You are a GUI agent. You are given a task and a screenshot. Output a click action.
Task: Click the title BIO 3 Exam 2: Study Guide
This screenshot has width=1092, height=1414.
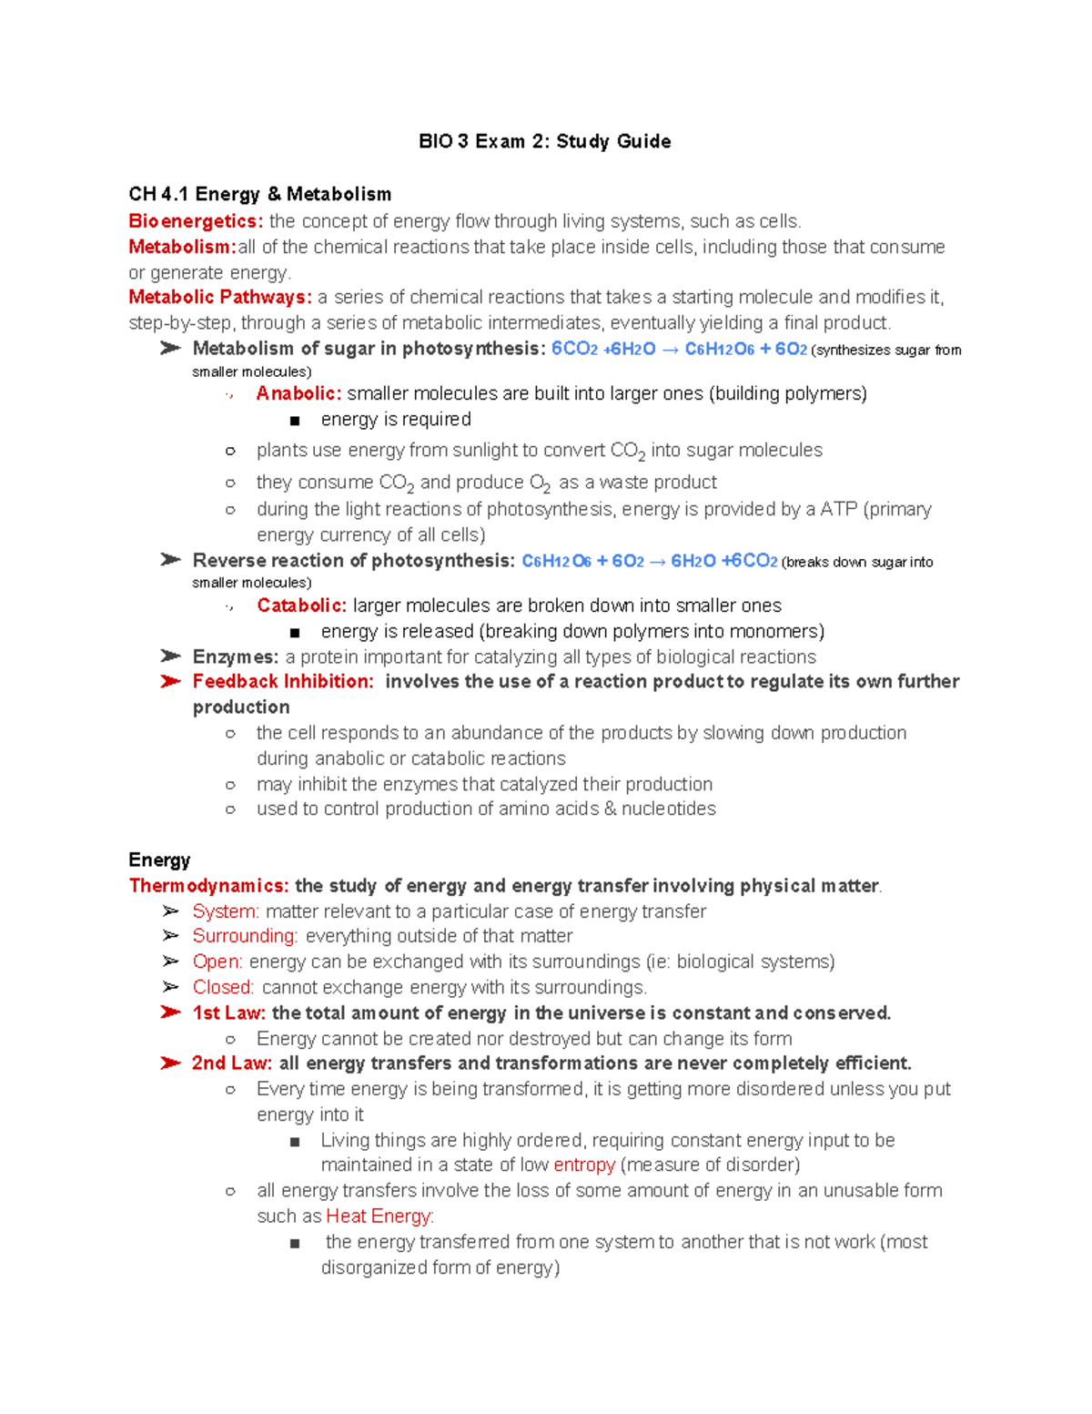tap(544, 141)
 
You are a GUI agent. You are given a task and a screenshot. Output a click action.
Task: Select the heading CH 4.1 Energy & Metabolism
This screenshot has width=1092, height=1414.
tap(259, 194)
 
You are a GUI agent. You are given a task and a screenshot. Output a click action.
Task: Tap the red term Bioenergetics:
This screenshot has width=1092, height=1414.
tap(196, 221)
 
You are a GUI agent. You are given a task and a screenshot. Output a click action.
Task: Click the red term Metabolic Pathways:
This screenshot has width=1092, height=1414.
tap(220, 297)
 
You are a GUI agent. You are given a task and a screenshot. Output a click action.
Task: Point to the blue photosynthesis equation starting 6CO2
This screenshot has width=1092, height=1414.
tap(679, 349)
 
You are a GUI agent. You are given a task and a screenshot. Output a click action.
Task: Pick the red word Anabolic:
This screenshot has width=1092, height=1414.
tap(298, 393)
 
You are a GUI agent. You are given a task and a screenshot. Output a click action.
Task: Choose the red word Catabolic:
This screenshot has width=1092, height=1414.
tap(301, 605)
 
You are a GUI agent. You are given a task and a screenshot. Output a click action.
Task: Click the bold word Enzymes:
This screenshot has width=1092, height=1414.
tap(235, 656)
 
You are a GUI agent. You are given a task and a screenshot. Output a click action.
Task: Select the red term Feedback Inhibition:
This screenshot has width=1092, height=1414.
tap(283, 681)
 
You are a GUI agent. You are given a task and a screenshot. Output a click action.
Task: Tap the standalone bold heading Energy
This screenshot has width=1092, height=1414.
tap(159, 860)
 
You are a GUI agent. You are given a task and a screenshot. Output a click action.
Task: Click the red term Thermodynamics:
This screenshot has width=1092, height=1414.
tap(208, 885)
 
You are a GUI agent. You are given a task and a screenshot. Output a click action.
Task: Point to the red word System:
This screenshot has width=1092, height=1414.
tap(226, 911)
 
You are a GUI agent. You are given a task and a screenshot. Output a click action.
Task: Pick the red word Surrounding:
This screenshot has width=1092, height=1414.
tap(245, 936)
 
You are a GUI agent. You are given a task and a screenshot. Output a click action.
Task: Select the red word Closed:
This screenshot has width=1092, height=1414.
tap(223, 987)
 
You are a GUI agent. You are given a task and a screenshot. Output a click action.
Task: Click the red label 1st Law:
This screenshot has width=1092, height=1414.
tap(228, 1012)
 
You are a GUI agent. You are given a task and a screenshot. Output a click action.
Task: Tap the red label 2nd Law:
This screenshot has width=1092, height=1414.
tap(231, 1063)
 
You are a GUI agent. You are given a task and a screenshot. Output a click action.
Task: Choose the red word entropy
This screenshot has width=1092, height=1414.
tap(583, 1165)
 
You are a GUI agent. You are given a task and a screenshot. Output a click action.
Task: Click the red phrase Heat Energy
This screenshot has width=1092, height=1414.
tap(379, 1216)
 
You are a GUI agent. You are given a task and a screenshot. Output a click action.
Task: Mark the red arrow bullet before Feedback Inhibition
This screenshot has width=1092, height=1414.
tap(170, 681)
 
